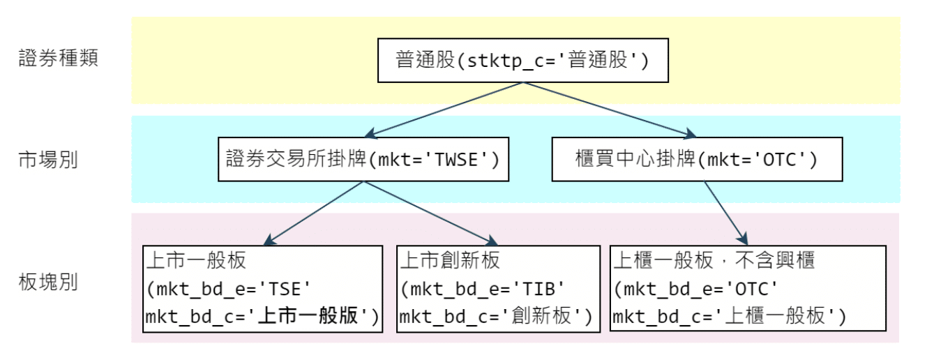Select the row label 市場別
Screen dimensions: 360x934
[48, 160]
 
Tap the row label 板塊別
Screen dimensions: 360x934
[48, 283]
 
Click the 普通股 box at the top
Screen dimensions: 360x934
[522, 60]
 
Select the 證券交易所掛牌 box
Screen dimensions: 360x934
[363, 160]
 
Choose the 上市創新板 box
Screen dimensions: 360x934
[497, 288]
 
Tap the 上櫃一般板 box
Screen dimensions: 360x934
[748, 288]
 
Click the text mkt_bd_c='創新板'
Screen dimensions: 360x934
[496, 317]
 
